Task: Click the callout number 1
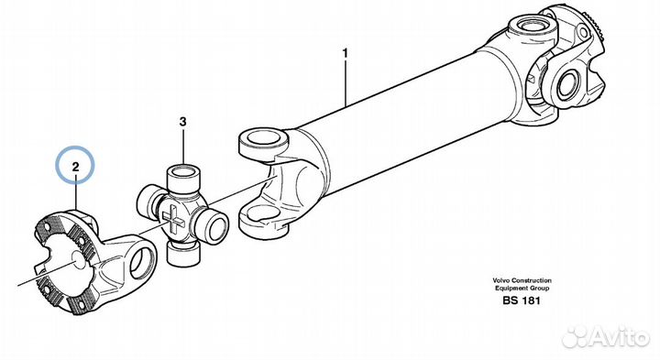pos(346,54)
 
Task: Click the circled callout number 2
pos(75,167)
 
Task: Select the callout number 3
pos(182,122)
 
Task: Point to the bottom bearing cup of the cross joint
pos(182,255)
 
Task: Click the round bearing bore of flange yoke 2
pos(141,262)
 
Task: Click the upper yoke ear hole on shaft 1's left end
pos(263,138)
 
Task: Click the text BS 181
pos(521,300)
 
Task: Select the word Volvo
pos(500,280)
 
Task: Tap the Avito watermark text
pos(618,335)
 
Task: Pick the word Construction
pos(531,280)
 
